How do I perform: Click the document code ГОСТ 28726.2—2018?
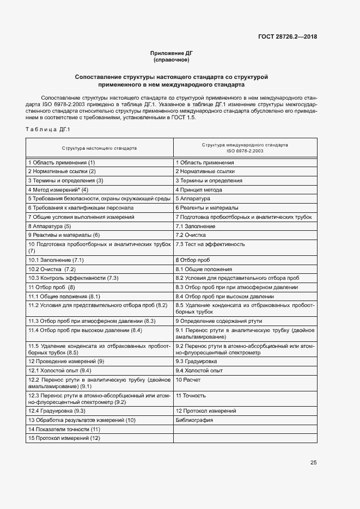click(x=288, y=37)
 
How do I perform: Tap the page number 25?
click(x=313, y=463)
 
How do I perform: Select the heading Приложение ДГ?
click(x=172, y=53)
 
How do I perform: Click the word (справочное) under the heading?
click(x=172, y=60)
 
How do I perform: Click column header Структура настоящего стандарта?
click(x=99, y=148)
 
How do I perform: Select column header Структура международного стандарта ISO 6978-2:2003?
click(x=245, y=148)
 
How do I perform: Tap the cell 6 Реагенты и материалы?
click(x=206, y=207)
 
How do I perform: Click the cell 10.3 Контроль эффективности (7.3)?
click(x=73, y=278)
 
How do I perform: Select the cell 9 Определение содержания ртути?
click(x=218, y=322)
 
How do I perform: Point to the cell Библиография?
click(x=194, y=420)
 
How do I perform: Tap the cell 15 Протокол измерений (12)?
click(x=64, y=438)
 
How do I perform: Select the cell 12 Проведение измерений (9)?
click(x=66, y=361)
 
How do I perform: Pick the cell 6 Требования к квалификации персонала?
click(x=81, y=207)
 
